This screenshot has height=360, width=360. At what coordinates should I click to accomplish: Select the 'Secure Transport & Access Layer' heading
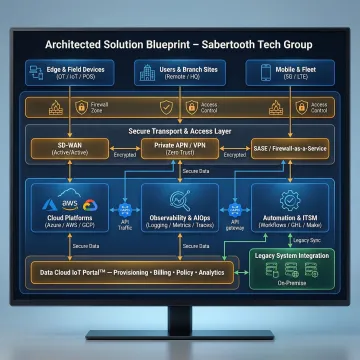pyautogui.click(x=181, y=130)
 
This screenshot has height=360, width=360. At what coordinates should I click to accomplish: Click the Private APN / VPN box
pyautogui.click(x=180, y=148)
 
